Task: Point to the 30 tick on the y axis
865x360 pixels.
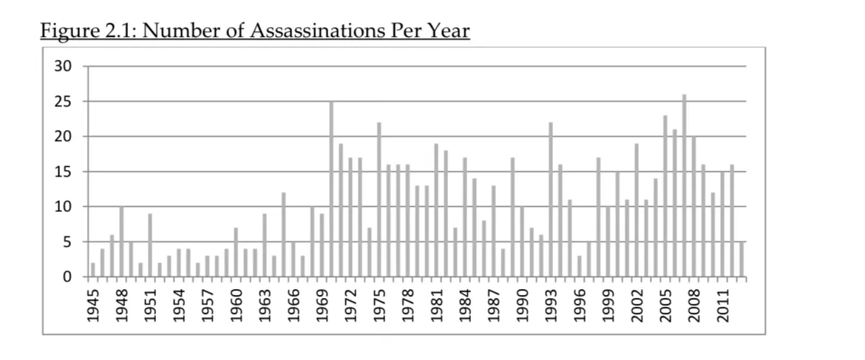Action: [63, 67]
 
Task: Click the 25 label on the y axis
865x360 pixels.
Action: [63, 101]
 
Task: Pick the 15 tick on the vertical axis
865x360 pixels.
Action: [63, 171]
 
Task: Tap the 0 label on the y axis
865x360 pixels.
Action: [67, 276]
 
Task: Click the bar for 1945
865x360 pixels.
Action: [93, 270]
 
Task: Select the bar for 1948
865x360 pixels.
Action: [121, 242]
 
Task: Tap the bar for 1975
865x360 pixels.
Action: [379, 200]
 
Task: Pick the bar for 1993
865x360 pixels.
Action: [551, 200]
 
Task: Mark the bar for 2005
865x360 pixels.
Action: [665, 196]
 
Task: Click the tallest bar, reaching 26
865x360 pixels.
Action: [685, 186]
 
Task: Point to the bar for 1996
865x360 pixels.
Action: [580, 266]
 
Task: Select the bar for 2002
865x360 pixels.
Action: [637, 210]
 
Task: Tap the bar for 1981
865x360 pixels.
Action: [436, 210]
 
